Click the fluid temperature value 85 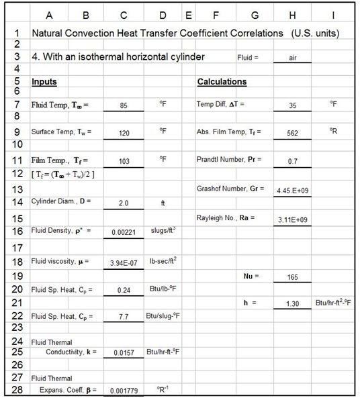click(x=123, y=105)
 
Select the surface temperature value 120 click(x=123, y=133)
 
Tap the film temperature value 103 click(x=123, y=161)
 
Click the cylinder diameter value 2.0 click(x=123, y=202)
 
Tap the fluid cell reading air click(x=292, y=58)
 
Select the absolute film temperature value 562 click(x=292, y=133)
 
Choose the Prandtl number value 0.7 click(x=292, y=161)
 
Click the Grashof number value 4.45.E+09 click(x=292, y=191)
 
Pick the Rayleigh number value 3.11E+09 click(x=292, y=219)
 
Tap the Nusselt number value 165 click(x=292, y=277)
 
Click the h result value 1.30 click(x=292, y=304)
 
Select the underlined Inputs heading click(x=44, y=82)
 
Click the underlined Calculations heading click(x=222, y=82)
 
